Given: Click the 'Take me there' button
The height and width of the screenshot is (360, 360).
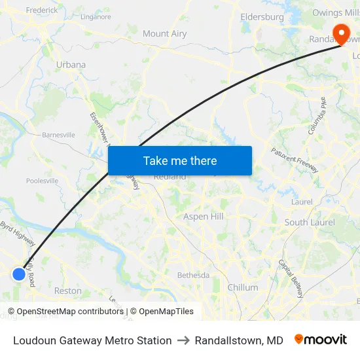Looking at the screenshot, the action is click(180, 160).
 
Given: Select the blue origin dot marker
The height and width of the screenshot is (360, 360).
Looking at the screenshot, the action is click(19, 274).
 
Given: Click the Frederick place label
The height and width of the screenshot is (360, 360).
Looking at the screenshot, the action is click(41, 10).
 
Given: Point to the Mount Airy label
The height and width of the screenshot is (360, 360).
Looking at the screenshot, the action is click(164, 33).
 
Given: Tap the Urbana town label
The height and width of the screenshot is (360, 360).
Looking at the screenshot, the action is click(71, 65).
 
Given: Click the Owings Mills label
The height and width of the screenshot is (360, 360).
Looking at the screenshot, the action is click(336, 12).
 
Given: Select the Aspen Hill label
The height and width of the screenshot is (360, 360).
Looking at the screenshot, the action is click(204, 217).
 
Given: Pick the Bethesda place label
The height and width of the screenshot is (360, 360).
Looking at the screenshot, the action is click(194, 276).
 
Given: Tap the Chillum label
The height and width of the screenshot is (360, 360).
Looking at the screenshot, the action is click(242, 287).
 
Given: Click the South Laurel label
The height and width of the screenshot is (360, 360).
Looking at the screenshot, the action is click(310, 223).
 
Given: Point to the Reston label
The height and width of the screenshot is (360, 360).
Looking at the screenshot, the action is click(68, 291).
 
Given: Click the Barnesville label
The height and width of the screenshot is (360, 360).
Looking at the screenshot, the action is click(58, 135).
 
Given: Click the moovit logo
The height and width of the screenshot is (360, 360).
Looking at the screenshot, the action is click(320, 340).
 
